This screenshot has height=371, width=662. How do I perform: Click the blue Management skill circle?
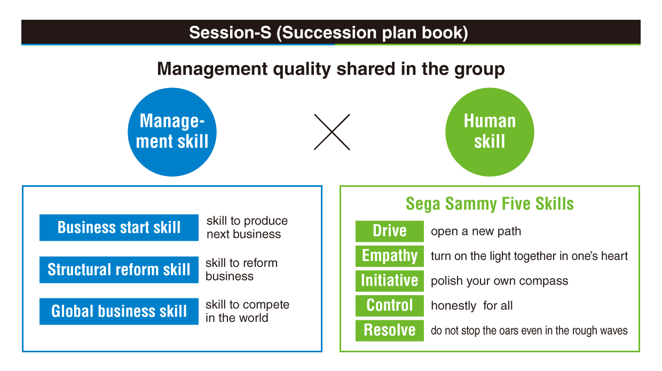(172, 132)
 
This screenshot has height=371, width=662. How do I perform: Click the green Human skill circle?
(490, 132)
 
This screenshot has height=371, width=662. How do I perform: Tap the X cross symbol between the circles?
(332, 132)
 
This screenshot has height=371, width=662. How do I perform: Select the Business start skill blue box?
(119, 227)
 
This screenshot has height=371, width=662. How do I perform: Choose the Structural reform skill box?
(119, 269)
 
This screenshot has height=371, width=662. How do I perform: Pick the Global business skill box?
(119, 311)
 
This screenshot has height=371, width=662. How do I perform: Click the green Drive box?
(390, 231)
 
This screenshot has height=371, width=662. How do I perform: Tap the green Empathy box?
(390, 256)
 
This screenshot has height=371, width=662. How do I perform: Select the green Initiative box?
(390, 281)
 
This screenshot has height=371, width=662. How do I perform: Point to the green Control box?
(390, 305)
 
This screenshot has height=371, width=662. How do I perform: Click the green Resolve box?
(390, 330)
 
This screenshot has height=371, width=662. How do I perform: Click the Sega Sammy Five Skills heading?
(490, 204)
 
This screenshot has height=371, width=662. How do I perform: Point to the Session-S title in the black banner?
(329, 33)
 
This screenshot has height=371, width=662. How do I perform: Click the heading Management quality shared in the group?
(330, 69)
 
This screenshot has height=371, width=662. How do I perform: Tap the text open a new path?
(476, 231)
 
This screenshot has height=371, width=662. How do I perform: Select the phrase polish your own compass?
(500, 281)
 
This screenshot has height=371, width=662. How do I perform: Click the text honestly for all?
(472, 306)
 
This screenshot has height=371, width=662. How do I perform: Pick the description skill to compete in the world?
(247, 311)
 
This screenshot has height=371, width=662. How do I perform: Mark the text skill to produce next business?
(247, 227)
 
